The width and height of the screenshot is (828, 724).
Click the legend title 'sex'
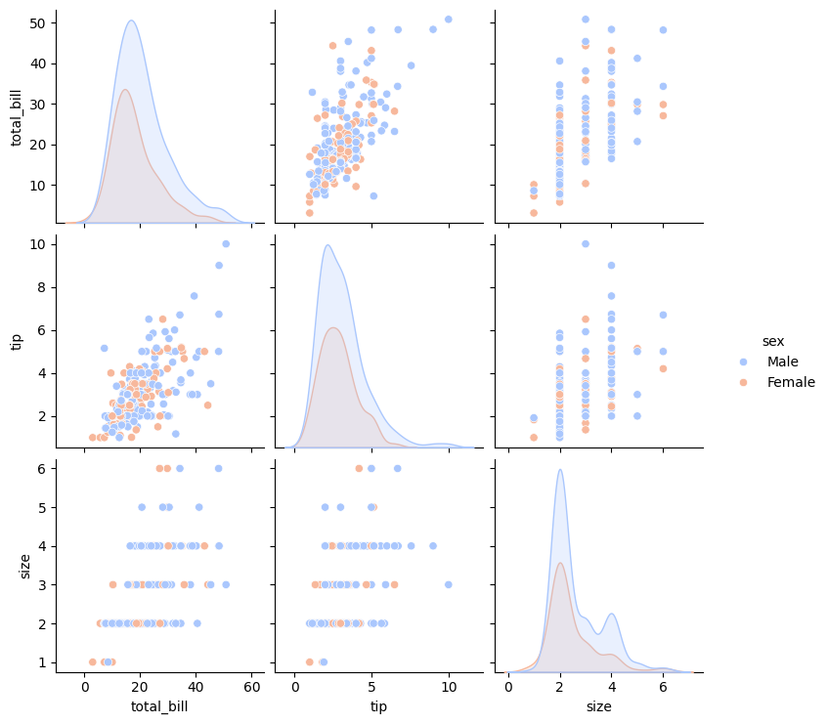[773, 341]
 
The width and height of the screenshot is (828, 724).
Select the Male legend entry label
[782, 362]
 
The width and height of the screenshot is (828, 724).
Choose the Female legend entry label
[791, 382]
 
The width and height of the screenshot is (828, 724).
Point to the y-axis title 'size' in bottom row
[26, 565]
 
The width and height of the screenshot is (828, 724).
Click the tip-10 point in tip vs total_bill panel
[226, 243]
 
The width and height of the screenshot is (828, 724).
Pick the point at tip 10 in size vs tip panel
[449, 584]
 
